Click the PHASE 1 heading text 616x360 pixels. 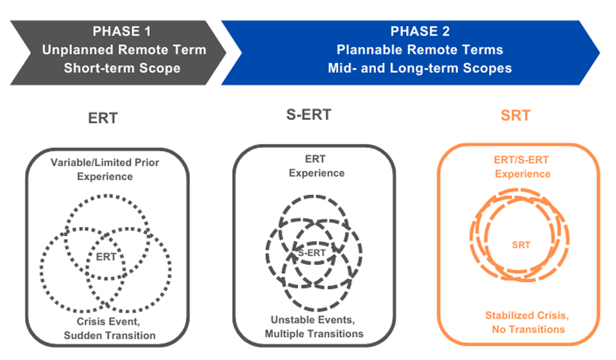pos(122,31)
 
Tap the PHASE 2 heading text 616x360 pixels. pos(420,31)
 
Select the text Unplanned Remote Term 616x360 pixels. pos(124,50)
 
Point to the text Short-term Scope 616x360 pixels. pos(122,68)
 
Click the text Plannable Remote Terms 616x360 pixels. pos(420,50)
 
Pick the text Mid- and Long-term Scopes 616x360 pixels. pos(420,68)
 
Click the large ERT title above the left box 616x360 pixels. pos(103,118)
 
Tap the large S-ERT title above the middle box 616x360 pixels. pos(309,115)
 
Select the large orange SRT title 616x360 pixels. pos(515,115)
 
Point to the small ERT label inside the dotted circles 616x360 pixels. pos(106,257)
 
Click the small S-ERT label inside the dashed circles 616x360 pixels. pos(312,253)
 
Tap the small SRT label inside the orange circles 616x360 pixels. pos(521,245)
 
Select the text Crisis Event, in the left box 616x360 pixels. pos(108,321)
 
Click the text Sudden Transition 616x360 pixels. pos(110,335)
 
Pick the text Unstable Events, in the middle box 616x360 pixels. pos(313,320)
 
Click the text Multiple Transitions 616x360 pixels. pos(314,334)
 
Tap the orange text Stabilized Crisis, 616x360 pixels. pos(527,315)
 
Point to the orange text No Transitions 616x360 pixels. pos(528,330)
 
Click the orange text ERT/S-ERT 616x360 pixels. pos(521,160)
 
